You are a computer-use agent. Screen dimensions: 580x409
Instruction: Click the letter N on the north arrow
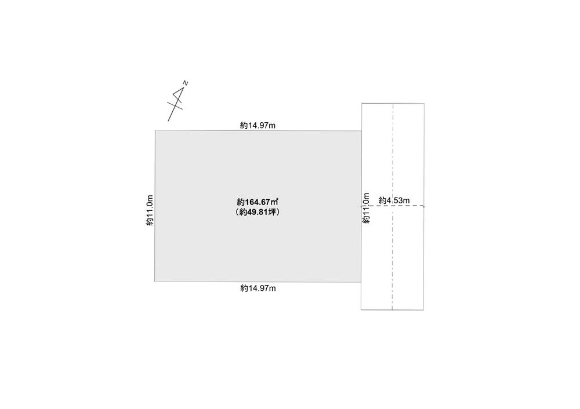(x=186, y=83)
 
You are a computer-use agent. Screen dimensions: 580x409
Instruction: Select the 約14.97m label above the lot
(x=258, y=125)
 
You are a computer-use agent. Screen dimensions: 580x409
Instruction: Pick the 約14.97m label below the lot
(x=258, y=288)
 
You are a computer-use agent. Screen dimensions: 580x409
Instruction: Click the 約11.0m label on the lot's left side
(x=150, y=210)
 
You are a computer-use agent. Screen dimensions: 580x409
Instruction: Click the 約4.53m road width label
(x=394, y=200)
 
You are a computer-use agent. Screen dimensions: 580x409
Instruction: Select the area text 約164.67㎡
(x=258, y=202)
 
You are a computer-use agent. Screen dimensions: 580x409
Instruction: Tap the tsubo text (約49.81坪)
(x=258, y=212)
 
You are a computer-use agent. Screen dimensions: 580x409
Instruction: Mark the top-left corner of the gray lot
(x=155, y=130)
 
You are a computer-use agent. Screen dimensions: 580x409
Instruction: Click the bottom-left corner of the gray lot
(x=155, y=282)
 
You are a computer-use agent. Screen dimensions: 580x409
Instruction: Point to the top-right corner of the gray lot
(x=361, y=130)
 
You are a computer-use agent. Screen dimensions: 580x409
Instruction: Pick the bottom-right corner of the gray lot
(x=361, y=282)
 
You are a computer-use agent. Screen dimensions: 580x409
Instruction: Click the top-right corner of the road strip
(x=424, y=103)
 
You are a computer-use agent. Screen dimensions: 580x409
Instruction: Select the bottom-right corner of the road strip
(x=424, y=309)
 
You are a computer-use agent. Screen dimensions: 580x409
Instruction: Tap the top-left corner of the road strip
(x=361, y=103)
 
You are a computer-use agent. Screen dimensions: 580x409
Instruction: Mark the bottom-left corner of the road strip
(x=361, y=309)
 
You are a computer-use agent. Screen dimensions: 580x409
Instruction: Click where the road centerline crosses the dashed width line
(x=393, y=206)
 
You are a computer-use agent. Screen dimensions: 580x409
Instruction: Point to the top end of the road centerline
(x=393, y=104)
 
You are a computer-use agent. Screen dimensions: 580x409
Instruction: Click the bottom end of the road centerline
(x=393, y=309)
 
